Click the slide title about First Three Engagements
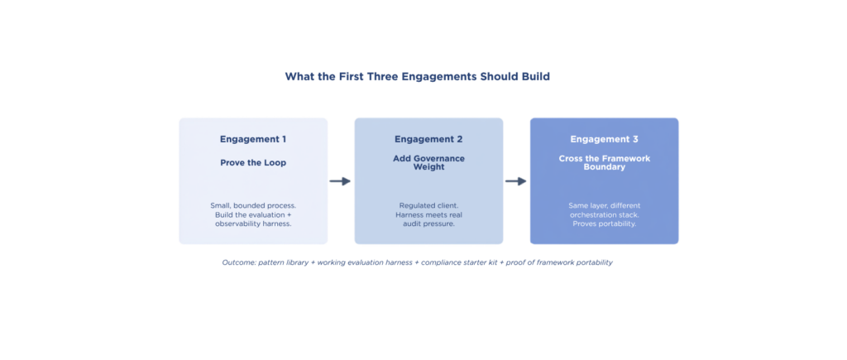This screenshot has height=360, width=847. coord(418,77)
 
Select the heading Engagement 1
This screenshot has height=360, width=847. coord(253,140)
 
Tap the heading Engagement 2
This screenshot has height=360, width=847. coord(428,140)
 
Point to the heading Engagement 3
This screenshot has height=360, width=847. coord(604,140)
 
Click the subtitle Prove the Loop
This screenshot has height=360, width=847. coord(253,163)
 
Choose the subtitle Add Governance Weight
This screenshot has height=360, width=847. coord(428,163)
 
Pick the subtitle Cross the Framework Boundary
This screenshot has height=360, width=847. coord(604,163)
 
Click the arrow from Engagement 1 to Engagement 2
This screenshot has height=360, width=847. coord(340,181)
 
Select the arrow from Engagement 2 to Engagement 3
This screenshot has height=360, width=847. coord(516,181)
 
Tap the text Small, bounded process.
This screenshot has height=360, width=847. coord(253,206)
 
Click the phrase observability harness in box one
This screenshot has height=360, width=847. coord(253,223)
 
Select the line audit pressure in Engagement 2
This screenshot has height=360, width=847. coord(428,223)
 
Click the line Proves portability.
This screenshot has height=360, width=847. coord(604,223)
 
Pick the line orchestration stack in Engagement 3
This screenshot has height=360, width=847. coord(604,214)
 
